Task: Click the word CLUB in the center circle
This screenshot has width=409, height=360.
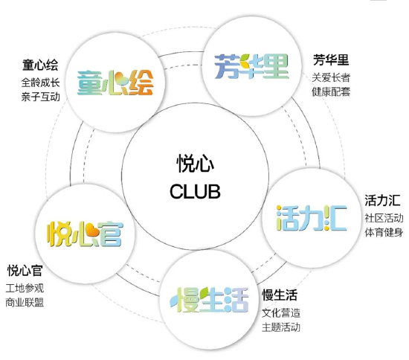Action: point(195,191)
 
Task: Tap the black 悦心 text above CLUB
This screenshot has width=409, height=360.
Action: point(196,164)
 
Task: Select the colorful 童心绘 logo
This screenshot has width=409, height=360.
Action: point(115,83)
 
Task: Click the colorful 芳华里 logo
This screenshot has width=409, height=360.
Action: point(251,66)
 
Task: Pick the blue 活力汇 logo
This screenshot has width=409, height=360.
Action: point(312,218)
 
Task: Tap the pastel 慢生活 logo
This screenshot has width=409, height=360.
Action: point(209,300)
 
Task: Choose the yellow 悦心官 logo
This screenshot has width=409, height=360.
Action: point(85,234)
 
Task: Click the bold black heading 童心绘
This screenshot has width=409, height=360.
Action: point(40,65)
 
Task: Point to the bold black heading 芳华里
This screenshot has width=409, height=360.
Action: point(331,60)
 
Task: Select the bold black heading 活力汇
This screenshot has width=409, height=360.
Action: point(382,200)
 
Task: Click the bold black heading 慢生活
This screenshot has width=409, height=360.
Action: point(280,295)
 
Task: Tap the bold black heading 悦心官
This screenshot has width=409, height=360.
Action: point(25,270)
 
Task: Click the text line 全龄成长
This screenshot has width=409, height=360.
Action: point(40,83)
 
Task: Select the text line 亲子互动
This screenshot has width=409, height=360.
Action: point(40,97)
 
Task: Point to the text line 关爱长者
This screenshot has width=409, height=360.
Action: point(331,77)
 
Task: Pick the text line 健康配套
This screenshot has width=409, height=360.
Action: point(331,91)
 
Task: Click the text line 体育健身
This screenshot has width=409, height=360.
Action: point(384,232)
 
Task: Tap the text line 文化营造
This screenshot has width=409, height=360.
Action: point(281,313)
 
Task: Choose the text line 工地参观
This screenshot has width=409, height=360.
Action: point(25,289)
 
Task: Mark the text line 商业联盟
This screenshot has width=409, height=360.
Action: point(25,303)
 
